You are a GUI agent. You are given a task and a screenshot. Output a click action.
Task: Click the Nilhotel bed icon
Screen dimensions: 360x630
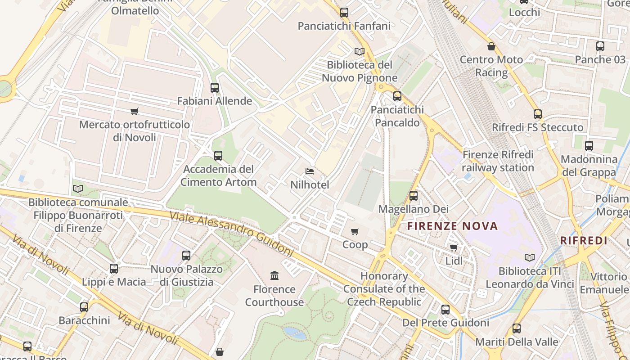(x=310, y=171)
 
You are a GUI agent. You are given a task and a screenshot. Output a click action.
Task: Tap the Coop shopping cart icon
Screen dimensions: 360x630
(x=355, y=231)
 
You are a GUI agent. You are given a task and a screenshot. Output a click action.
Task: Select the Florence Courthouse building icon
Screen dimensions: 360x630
(x=274, y=275)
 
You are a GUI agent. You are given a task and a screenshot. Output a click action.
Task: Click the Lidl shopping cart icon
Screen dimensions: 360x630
(x=454, y=247)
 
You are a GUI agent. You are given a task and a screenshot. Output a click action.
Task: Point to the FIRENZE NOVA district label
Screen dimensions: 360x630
(x=453, y=226)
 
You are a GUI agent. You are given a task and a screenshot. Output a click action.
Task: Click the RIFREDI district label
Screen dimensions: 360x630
(x=584, y=240)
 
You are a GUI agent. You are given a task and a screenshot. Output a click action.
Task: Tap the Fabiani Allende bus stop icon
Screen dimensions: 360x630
(x=215, y=88)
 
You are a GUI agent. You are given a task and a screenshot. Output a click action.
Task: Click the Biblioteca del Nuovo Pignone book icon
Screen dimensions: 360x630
(x=359, y=52)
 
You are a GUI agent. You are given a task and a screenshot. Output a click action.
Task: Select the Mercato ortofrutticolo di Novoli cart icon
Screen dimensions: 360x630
(x=134, y=111)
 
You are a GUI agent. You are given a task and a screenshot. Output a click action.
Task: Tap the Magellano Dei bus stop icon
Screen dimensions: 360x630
(x=414, y=196)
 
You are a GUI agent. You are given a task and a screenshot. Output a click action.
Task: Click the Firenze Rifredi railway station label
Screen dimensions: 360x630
(x=498, y=161)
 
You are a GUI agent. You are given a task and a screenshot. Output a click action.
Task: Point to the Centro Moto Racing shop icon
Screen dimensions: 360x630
(x=491, y=46)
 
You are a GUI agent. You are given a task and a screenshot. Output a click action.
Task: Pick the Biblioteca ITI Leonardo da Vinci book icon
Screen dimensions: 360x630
(x=530, y=258)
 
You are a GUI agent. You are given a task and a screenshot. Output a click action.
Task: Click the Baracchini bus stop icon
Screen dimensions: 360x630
(x=84, y=307)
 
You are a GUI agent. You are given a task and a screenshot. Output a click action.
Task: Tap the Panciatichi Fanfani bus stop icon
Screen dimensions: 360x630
(x=344, y=13)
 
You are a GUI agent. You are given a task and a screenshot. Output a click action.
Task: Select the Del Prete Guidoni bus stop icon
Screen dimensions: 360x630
(x=445, y=310)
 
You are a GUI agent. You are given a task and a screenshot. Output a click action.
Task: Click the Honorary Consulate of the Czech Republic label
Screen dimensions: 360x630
(x=384, y=289)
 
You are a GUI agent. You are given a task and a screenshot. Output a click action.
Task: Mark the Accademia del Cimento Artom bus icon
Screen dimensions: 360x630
(x=218, y=156)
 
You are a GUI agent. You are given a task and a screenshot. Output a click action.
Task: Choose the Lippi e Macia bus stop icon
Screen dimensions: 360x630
(x=114, y=269)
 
